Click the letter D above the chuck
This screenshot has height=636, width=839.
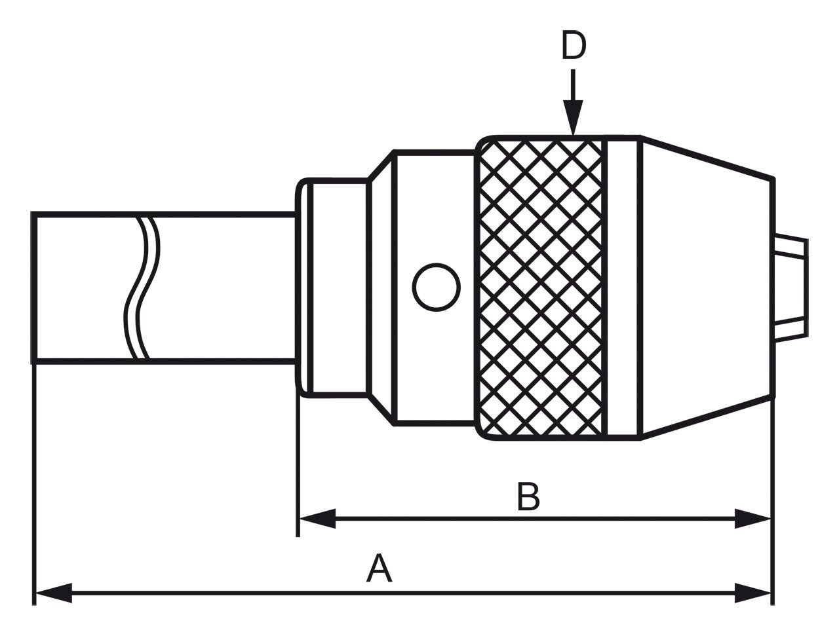[574, 47]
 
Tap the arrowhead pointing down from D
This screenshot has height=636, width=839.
[574, 122]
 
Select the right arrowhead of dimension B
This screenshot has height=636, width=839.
[752, 519]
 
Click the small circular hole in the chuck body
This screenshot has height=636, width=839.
[436, 287]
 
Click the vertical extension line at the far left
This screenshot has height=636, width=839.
[33, 478]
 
